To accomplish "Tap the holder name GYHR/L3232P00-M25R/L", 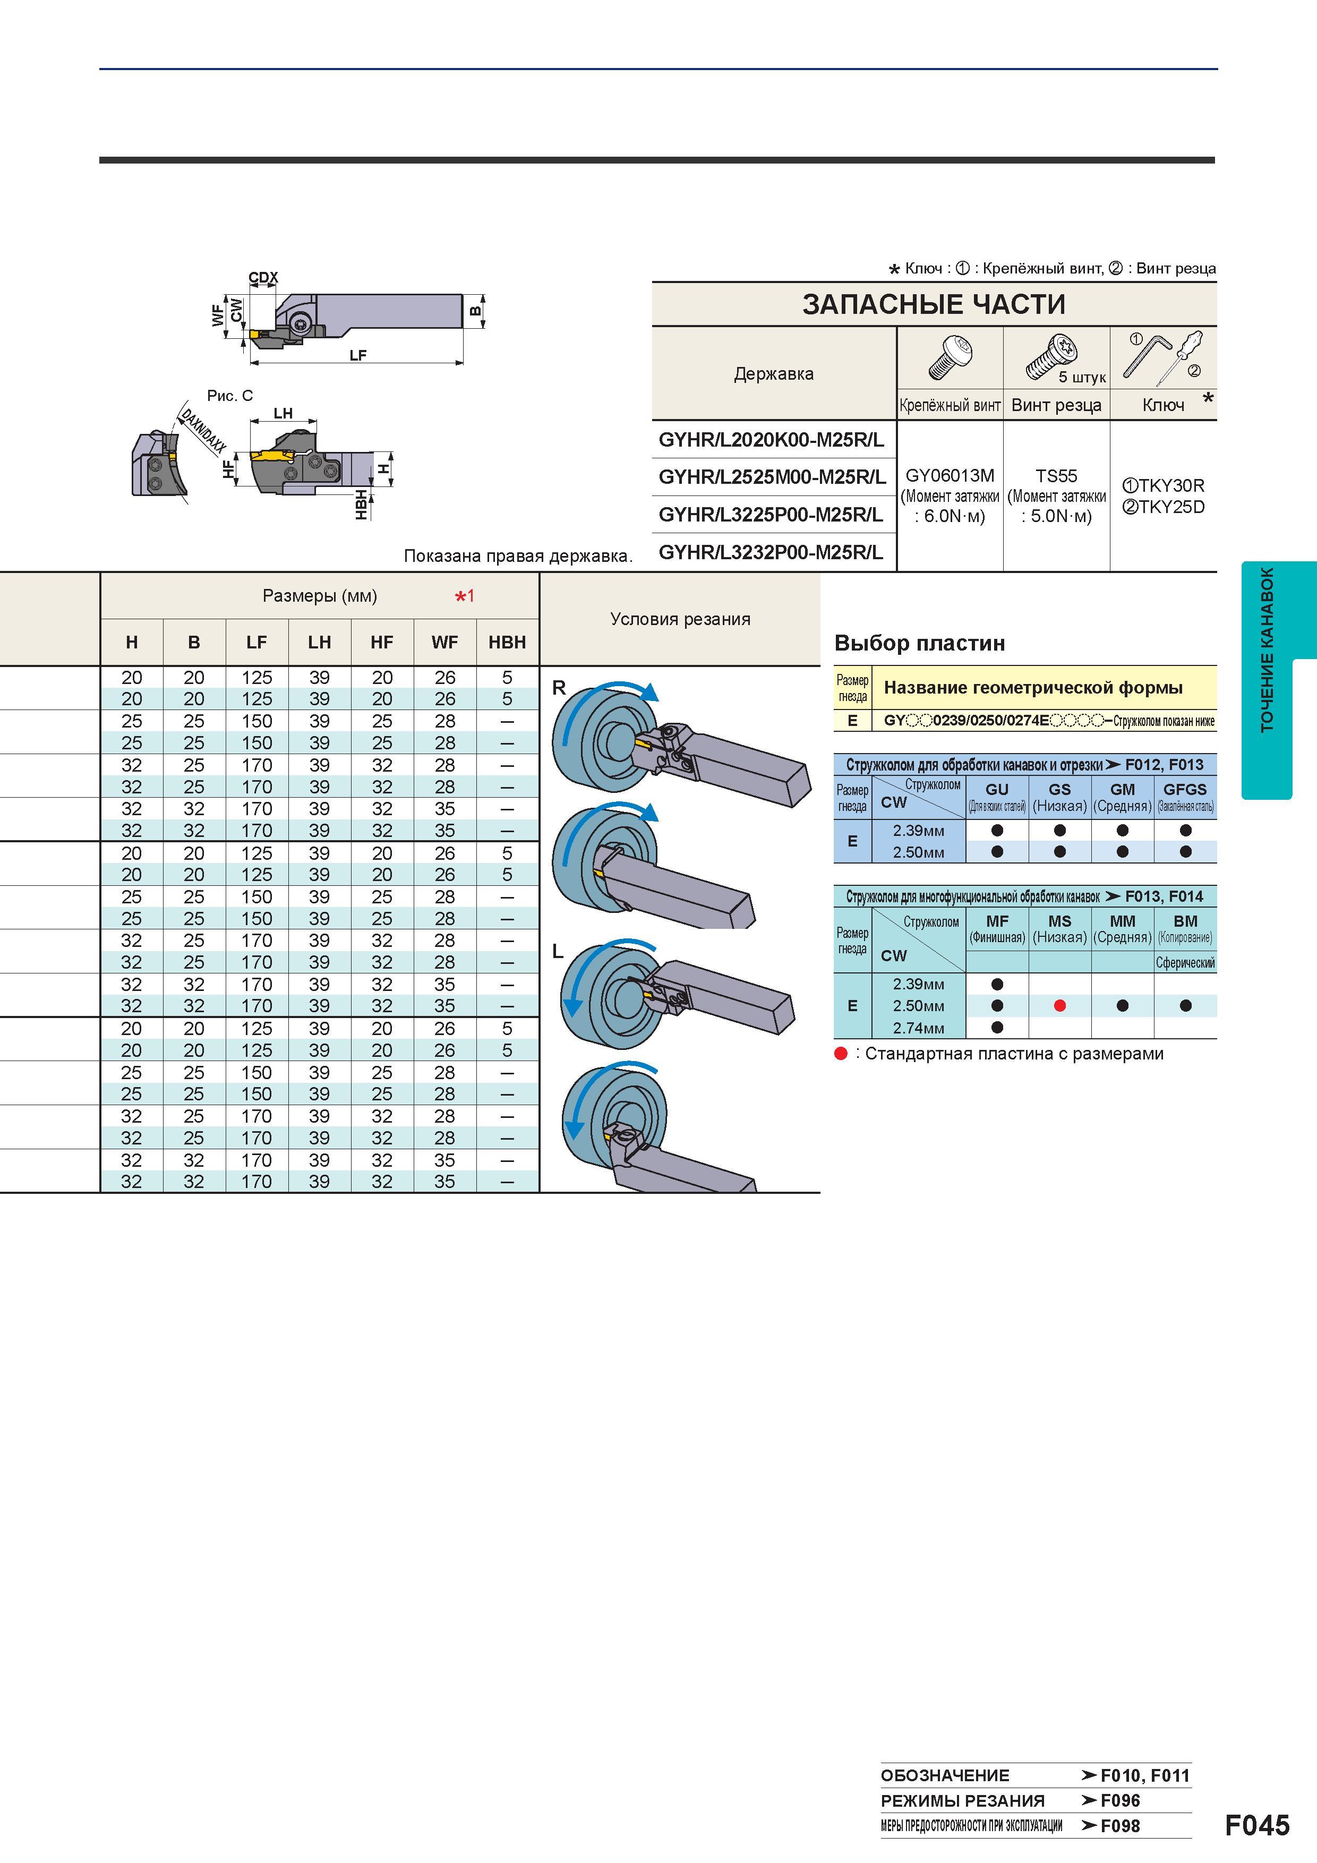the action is (x=771, y=552).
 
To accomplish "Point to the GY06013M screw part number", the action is (x=950, y=475).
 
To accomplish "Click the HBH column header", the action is (x=507, y=642).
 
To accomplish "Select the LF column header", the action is (x=256, y=642).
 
